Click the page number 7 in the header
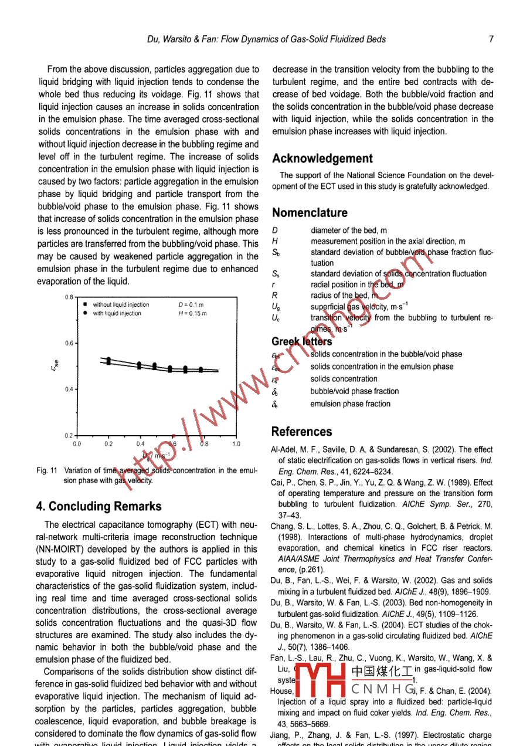point(490,39)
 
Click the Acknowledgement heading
point(322,158)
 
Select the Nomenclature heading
point(310,212)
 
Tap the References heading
point(301,432)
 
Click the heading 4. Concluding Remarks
point(98,506)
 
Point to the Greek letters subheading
point(301,341)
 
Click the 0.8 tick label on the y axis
point(69,297)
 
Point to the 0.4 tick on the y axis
point(69,389)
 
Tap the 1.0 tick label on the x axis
point(236,444)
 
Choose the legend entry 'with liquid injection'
point(117,313)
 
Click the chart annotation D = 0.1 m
point(191,304)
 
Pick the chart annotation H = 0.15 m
point(192,313)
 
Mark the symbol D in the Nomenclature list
point(275,230)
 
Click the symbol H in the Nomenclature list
point(275,241)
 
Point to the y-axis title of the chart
point(55,368)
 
